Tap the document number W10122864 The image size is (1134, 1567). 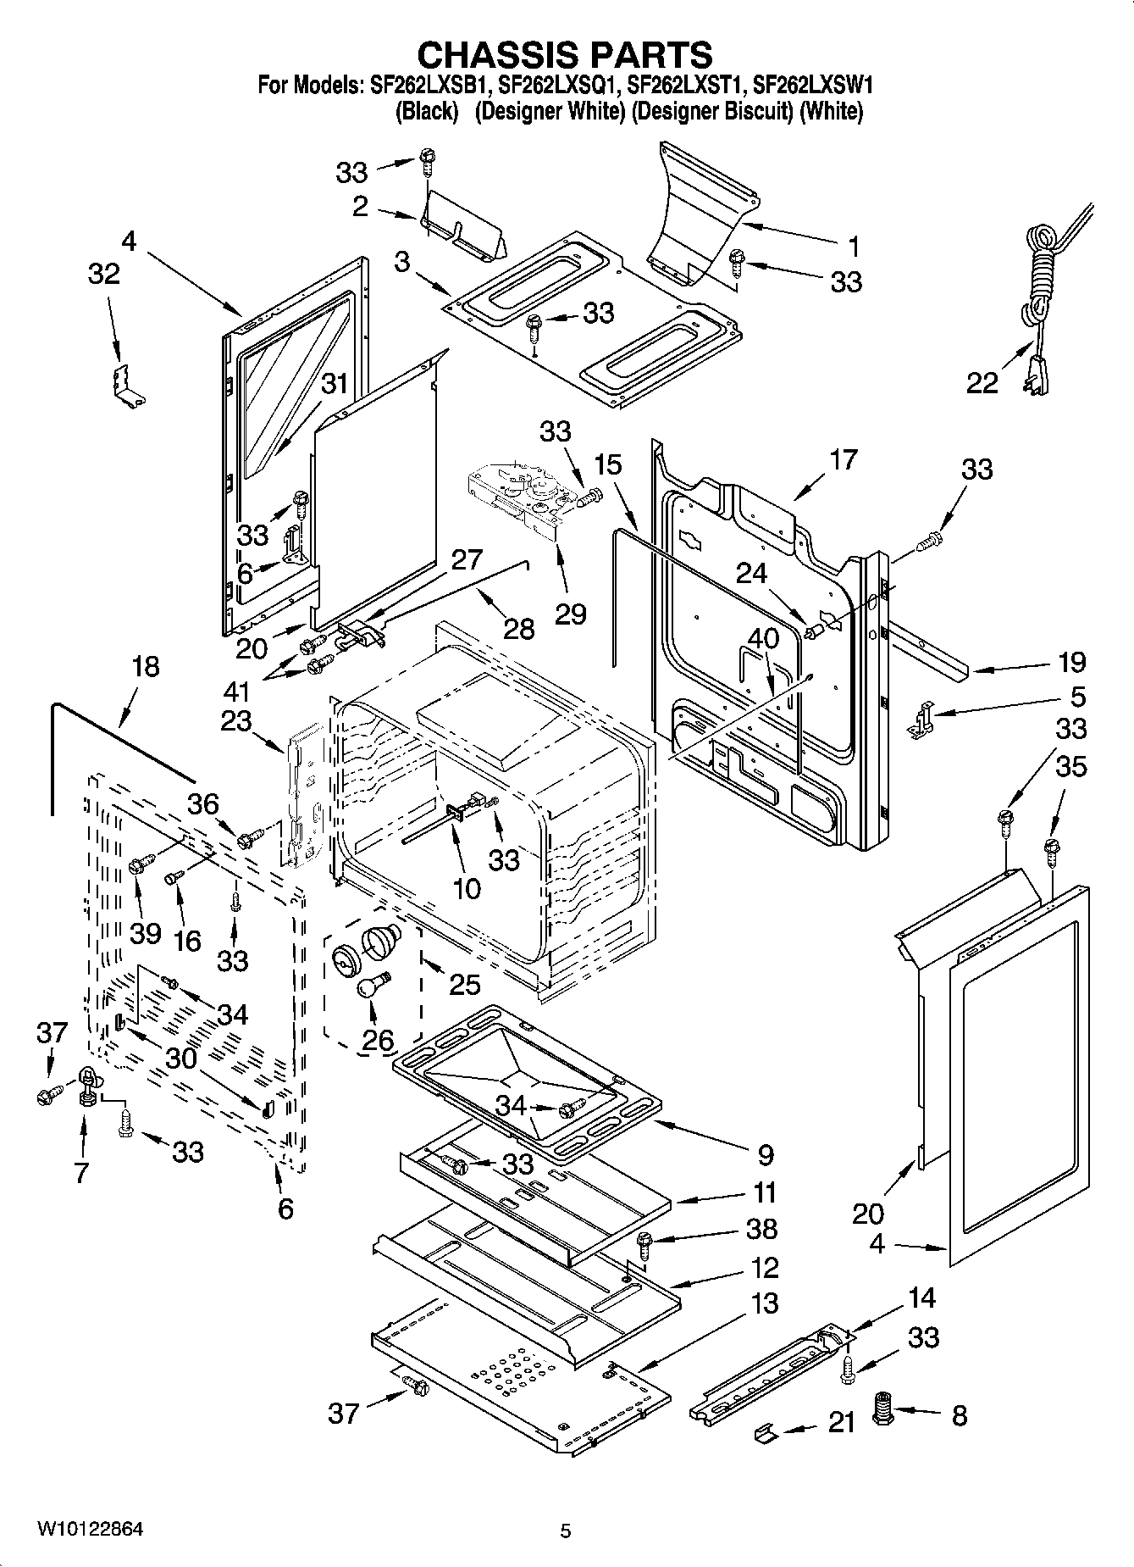tap(89, 1529)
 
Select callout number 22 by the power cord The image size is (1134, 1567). tap(982, 383)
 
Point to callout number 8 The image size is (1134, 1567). tap(959, 1415)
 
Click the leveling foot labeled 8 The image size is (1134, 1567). tap(884, 1410)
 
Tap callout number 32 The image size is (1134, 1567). tap(103, 275)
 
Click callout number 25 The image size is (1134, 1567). tap(464, 983)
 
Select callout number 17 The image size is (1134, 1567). tap(843, 460)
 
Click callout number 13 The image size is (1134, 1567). tap(764, 1303)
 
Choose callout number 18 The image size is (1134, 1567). tap(146, 666)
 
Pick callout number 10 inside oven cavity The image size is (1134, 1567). tap(466, 887)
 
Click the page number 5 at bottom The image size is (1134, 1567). tap(566, 1531)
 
